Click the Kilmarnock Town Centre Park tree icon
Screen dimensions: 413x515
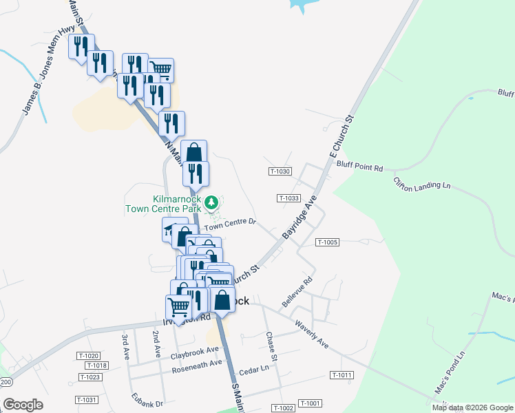point(212,202)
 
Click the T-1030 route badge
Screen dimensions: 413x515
point(281,171)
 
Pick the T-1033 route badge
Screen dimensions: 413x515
point(289,198)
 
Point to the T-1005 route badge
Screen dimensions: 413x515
point(328,242)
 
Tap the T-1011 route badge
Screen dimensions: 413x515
point(341,375)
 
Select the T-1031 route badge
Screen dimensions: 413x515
point(87,400)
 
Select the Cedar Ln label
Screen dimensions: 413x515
point(253,370)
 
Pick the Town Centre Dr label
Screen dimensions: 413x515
point(229,223)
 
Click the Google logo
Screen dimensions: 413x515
point(23,404)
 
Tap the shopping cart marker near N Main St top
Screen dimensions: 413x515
point(160,69)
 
